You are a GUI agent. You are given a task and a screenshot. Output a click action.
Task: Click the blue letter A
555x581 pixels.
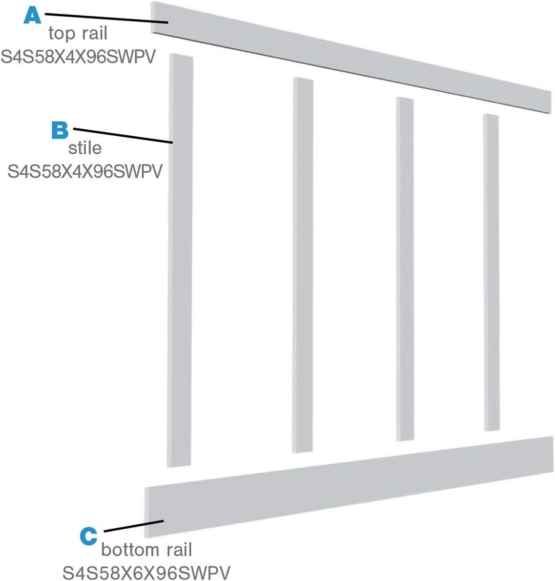pyautogui.click(x=33, y=15)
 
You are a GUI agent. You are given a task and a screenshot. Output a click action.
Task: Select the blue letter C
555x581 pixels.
pyautogui.click(x=88, y=535)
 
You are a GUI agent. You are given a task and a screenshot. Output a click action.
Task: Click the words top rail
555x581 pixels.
pyautogui.click(x=78, y=33)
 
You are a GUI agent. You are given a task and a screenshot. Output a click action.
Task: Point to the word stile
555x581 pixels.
pyautogui.click(x=85, y=147)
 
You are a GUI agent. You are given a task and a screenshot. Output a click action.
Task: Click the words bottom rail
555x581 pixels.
pyautogui.click(x=146, y=550)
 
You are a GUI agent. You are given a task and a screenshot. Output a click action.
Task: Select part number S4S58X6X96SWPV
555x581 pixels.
pyautogui.click(x=146, y=572)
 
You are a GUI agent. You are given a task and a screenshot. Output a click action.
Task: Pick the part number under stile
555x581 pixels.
pyautogui.click(x=84, y=171)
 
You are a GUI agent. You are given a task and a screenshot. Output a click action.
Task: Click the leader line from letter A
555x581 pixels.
pyautogui.click(x=107, y=18)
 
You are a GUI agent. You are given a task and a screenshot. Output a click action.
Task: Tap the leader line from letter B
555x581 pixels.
pyautogui.click(x=122, y=136)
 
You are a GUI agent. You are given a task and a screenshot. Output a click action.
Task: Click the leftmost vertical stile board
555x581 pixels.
pyautogui.click(x=180, y=259)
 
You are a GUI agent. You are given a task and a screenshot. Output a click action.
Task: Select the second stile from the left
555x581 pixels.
pyautogui.click(x=303, y=264)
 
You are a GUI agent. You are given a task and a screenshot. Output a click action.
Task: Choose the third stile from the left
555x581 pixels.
pyautogui.click(x=405, y=269)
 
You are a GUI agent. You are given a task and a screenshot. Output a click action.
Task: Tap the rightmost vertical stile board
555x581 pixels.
pyautogui.click(x=492, y=271)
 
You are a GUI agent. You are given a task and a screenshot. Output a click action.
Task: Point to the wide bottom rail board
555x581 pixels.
pyautogui.click(x=349, y=483)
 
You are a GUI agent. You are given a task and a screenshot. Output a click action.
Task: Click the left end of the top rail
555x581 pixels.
pyautogui.click(x=157, y=18)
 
